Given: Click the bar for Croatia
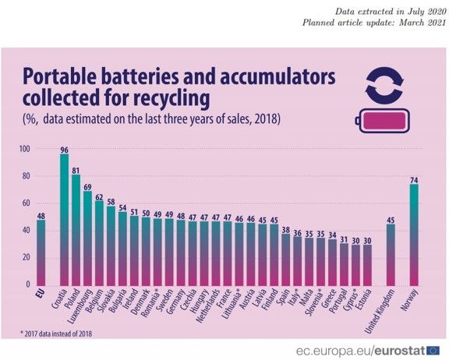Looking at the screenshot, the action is coord(65,220).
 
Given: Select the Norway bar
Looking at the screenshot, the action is coord(414,235).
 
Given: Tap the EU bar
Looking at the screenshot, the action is coord(41,252).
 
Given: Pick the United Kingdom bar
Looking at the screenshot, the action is coord(391,255).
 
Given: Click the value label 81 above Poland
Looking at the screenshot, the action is coord(76,171).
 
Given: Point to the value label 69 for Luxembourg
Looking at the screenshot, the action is coord(87,188).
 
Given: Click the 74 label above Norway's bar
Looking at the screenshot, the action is coord(414,180).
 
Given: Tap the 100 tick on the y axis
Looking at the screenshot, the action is coord(25,149).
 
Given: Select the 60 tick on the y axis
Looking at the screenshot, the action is coord(26,203).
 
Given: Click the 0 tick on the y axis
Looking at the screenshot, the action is coord(28,284).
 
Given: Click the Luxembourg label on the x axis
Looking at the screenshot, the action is coord(80,306).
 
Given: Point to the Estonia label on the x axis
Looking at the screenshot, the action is coord(363,299).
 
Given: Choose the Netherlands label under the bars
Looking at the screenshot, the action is coord(208,306).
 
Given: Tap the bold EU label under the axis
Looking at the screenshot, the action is coord(41,294).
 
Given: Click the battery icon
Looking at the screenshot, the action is coord(382,121).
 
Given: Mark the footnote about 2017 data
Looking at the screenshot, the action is coord(56,334).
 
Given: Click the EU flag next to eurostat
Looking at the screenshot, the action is coord(433,351).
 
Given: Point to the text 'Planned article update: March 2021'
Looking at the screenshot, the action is coord(374,23).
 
